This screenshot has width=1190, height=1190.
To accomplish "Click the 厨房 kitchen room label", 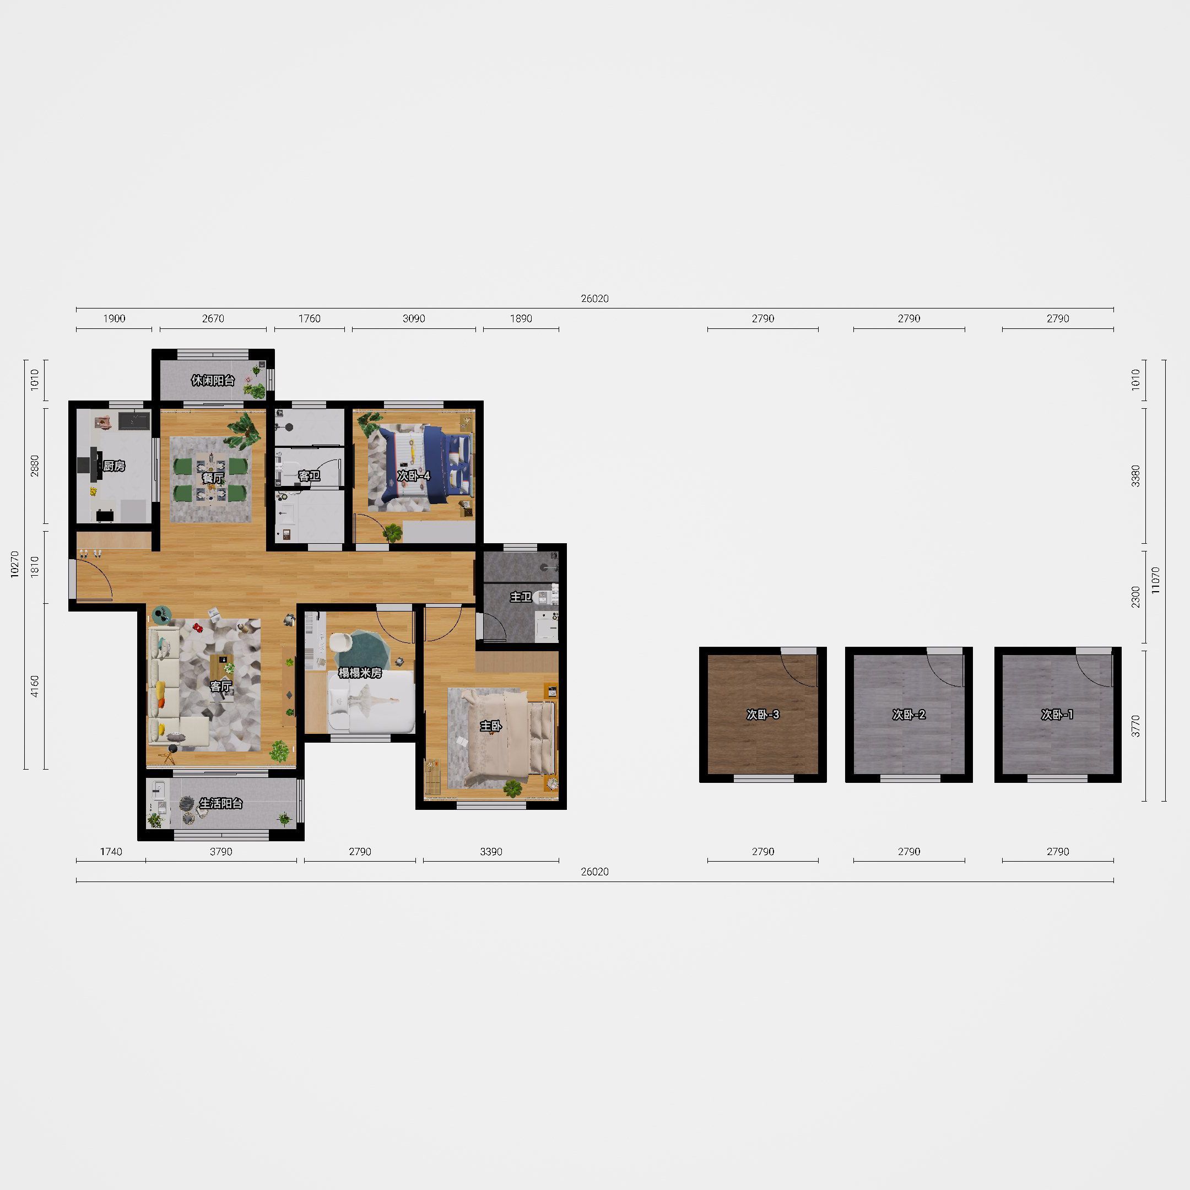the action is pos(114,466).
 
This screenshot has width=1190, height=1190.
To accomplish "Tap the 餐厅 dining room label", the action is pos(213,477).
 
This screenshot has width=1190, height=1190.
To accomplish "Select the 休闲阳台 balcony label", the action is pos(213,380).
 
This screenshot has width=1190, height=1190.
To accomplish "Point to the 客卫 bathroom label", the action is pos(309,475).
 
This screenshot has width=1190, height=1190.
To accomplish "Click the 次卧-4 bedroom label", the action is pos(413,475).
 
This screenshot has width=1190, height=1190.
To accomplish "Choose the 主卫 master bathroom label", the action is pos(521,597).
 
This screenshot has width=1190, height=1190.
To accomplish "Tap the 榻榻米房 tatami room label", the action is pos(360,673).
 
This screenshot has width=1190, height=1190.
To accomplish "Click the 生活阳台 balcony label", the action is pos(220,803).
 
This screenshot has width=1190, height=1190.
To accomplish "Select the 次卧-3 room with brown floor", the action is pos(762,715).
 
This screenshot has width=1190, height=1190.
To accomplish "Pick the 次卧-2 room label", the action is pos(908,715).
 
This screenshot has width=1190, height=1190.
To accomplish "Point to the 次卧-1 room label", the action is pos(1057,715).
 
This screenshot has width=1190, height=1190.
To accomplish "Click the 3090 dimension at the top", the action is pos(413,318).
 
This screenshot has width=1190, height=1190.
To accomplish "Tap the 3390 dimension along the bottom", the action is pos(491,852).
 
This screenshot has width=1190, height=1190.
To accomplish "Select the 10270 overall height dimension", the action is pos(16,564).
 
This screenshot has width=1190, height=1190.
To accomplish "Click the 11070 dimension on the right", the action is pos(1155,580).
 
